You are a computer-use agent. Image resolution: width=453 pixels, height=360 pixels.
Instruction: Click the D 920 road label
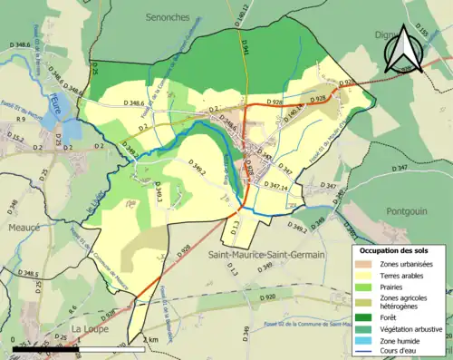(x=266, y=297)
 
